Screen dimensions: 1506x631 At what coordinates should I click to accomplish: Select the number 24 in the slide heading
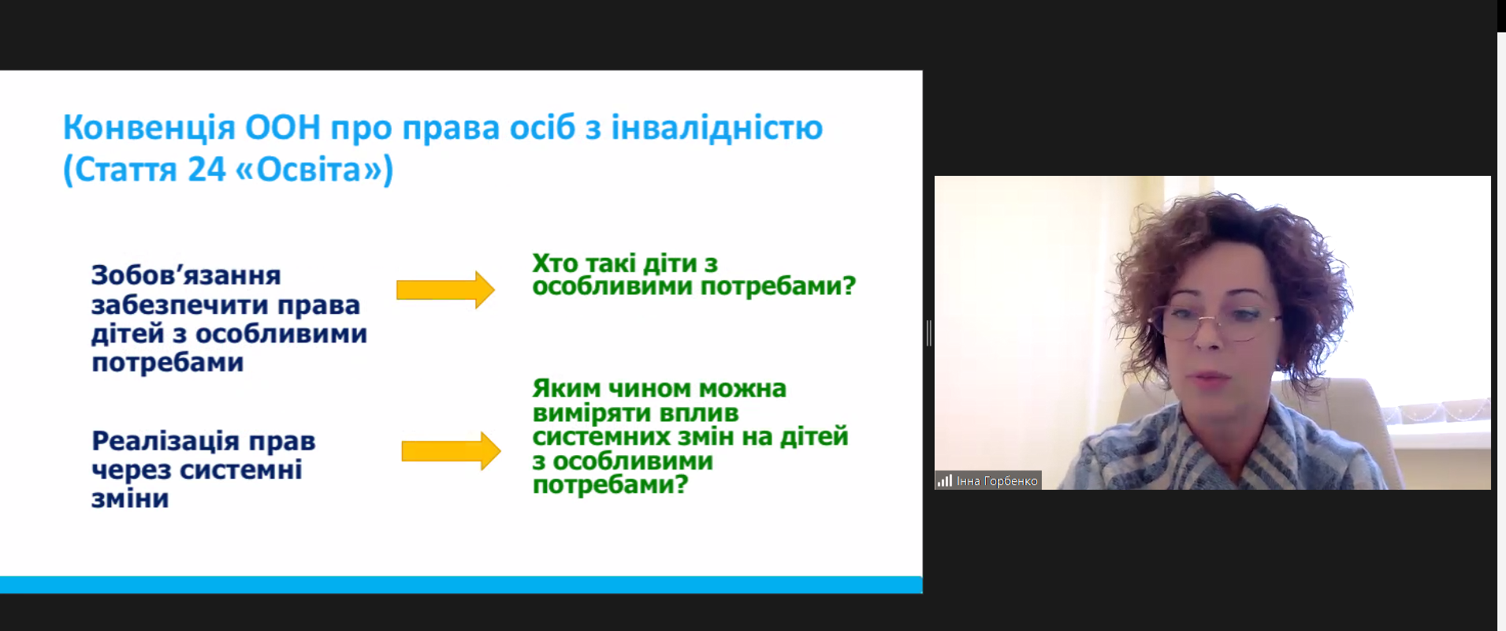(x=206, y=169)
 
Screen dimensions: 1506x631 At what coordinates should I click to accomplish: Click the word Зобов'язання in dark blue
(x=186, y=275)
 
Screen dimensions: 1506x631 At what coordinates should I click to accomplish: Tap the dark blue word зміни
(x=130, y=498)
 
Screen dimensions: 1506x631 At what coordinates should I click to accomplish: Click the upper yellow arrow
(x=445, y=289)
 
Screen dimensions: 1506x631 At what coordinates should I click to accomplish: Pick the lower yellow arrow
(x=451, y=451)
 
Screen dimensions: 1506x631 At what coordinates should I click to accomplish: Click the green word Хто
(x=555, y=263)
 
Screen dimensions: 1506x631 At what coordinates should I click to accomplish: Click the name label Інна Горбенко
(x=997, y=480)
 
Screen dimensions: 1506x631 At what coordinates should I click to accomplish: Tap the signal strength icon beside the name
(x=944, y=480)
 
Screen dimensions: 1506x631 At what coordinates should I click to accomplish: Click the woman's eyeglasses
(x=1218, y=323)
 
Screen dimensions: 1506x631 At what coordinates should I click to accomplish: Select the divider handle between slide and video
(x=929, y=333)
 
